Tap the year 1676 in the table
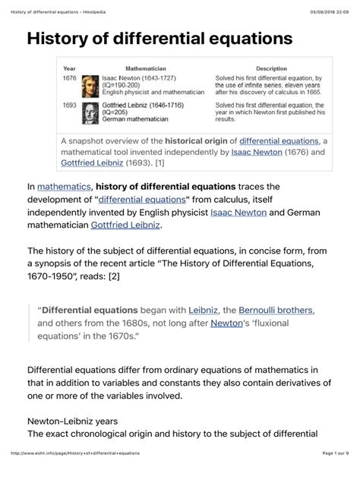tap(69, 78)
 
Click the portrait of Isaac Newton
tap(90, 87)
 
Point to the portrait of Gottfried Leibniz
tap(90, 113)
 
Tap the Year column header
tap(69, 68)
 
